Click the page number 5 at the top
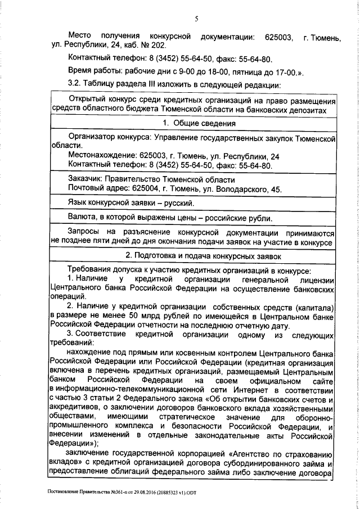[x=196, y=19]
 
